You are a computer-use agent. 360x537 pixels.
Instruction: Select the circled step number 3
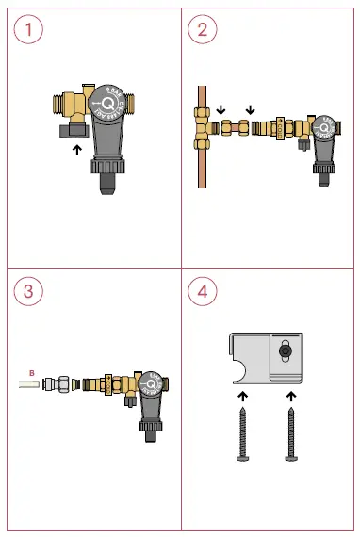(29, 290)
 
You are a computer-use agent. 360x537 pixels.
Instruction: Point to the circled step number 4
(202, 290)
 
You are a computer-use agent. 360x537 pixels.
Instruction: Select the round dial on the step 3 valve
(151, 385)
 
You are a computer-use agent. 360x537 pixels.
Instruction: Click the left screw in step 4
(243, 432)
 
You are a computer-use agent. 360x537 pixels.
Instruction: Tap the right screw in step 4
(291, 432)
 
